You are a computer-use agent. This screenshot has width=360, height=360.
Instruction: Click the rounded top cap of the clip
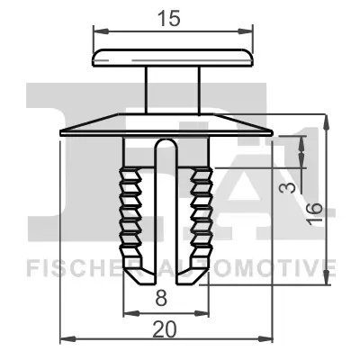coord(171,57)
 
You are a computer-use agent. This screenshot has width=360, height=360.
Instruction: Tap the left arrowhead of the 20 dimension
coord(64,340)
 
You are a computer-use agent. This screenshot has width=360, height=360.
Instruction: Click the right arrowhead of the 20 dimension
coord(267,340)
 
